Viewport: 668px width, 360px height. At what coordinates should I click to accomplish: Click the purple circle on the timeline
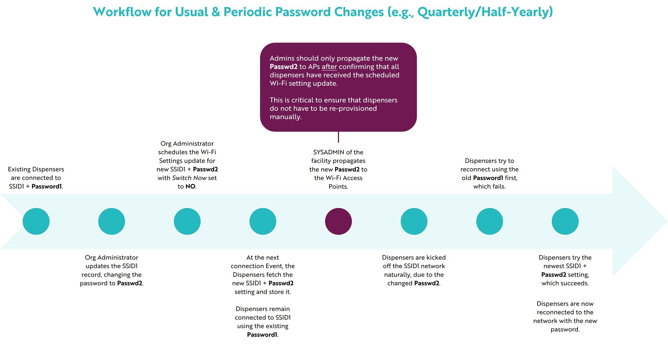tap(338, 221)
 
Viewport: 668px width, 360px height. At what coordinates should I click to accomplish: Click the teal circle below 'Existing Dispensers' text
tap(36, 221)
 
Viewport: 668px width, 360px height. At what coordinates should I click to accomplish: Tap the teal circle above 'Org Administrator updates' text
tap(112, 221)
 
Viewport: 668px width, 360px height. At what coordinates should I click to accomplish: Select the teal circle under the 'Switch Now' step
tap(187, 221)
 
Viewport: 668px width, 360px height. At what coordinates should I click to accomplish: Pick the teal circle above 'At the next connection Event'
tap(263, 221)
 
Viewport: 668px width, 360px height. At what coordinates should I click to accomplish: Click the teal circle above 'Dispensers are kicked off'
tap(414, 221)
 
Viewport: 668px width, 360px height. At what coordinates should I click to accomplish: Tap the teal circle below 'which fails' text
tap(490, 221)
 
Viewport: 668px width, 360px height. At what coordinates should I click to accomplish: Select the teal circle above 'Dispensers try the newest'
tap(565, 221)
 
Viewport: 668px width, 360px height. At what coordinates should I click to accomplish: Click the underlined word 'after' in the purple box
tap(329, 67)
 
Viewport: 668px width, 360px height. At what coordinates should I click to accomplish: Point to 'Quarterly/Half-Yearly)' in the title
tap(485, 13)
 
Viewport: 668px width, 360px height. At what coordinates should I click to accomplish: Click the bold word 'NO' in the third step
tap(190, 187)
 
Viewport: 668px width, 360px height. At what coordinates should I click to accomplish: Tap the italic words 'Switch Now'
tap(190, 178)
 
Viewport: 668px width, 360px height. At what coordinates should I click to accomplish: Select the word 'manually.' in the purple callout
tap(286, 117)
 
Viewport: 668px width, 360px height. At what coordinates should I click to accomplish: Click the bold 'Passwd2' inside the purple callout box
tap(284, 67)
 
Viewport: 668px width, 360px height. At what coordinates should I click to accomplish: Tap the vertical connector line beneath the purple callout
tap(338, 137)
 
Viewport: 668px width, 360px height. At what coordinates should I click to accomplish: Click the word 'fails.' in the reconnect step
tap(498, 187)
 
